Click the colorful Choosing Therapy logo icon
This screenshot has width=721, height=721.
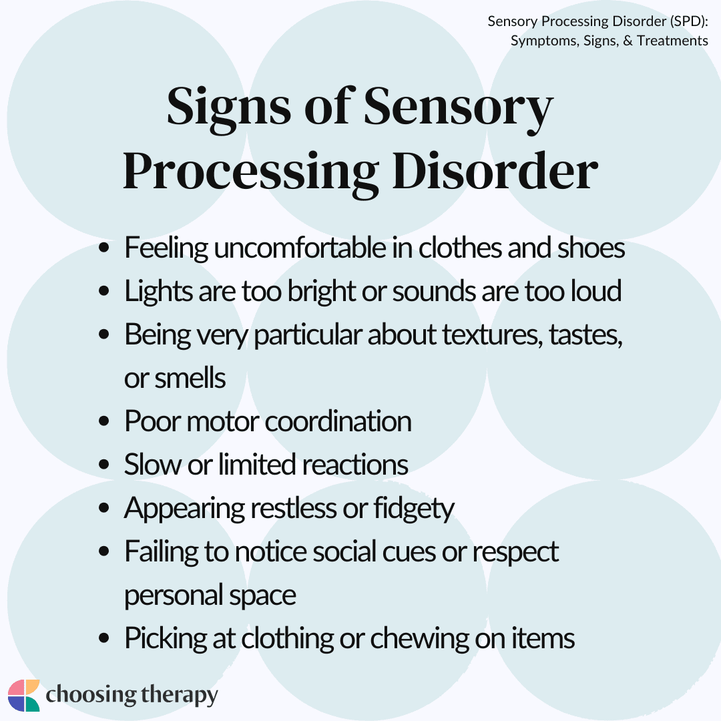pyautogui.click(x=24, y=696)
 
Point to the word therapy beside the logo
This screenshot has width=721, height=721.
pyautogui.click(x=176, y=696)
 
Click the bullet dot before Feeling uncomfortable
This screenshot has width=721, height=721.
pyautogui.click(x=103, y=250)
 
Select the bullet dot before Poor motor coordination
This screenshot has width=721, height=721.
pyautogui.click(x=103, y=422)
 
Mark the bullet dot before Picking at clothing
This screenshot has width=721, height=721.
pyautogui.click(x=103, y=639)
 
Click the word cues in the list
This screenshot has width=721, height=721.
pyautogui.click(x=401, y=552)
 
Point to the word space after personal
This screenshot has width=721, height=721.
pyautogui.click(x=262, y=595)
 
